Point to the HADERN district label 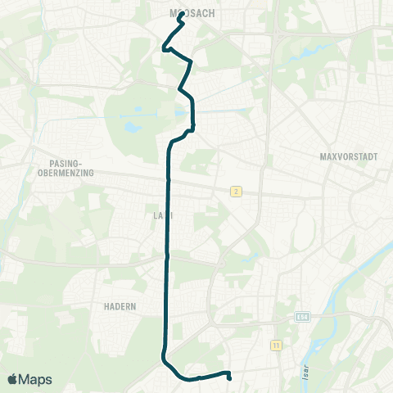(120, 305)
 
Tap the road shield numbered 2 (236, 191)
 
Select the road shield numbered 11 (275, 346)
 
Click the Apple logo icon (13, 379)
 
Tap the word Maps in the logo (37, 379)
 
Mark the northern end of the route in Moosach (180, 14)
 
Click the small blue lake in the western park (130, 127)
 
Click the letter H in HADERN (106, 305)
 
